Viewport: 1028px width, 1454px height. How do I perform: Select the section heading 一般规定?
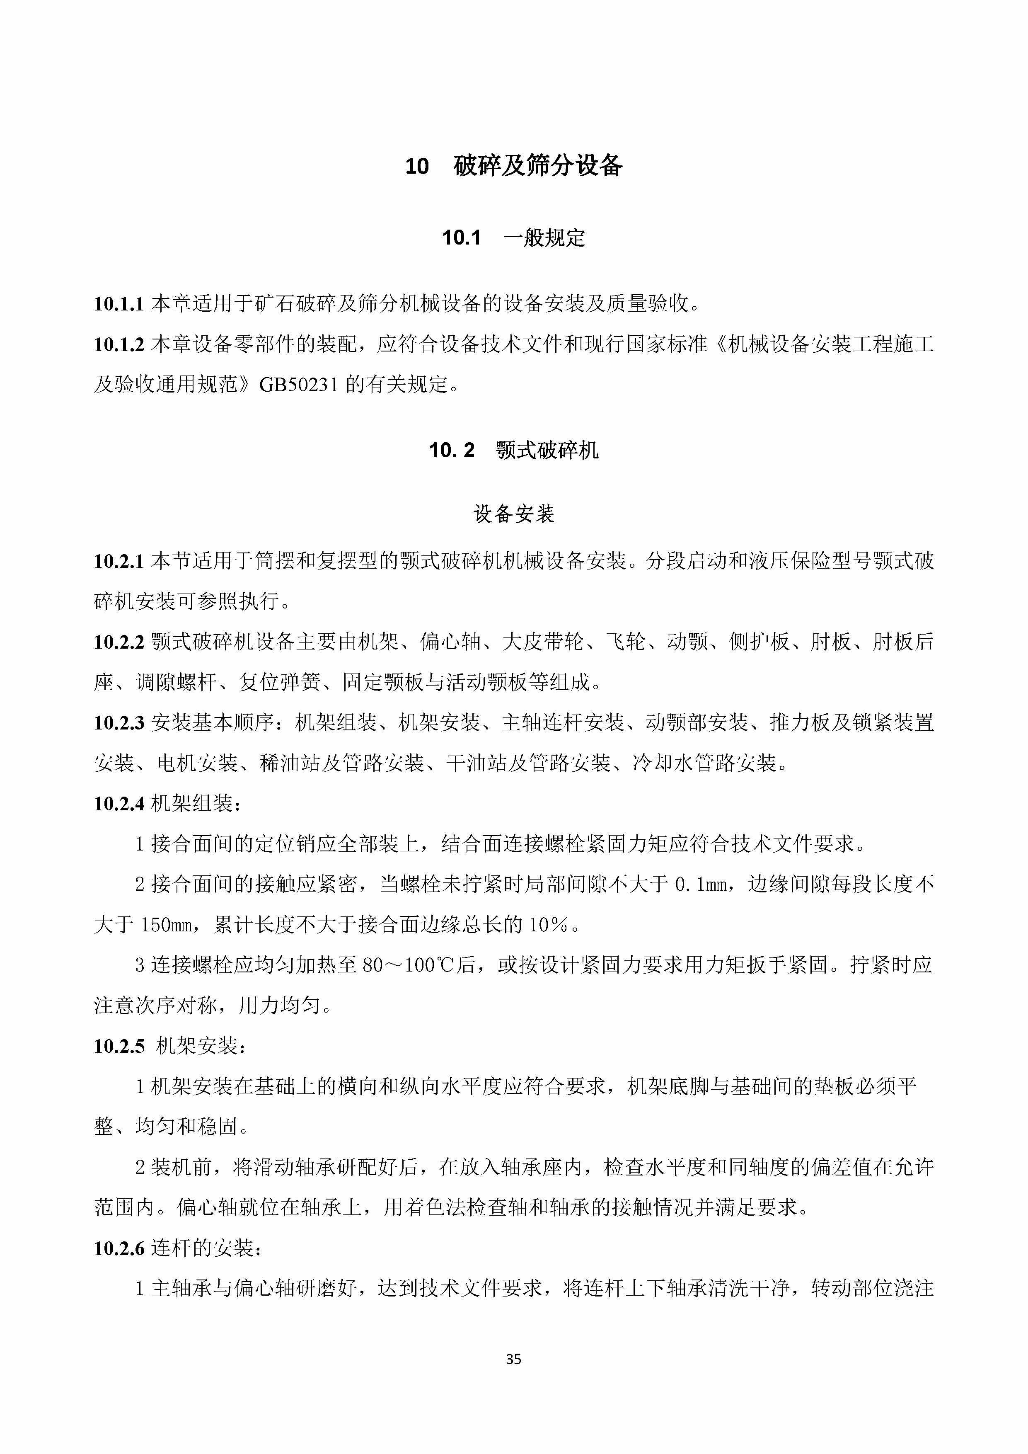coord(544,238)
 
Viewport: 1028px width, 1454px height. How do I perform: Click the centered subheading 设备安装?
coord(513,514)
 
